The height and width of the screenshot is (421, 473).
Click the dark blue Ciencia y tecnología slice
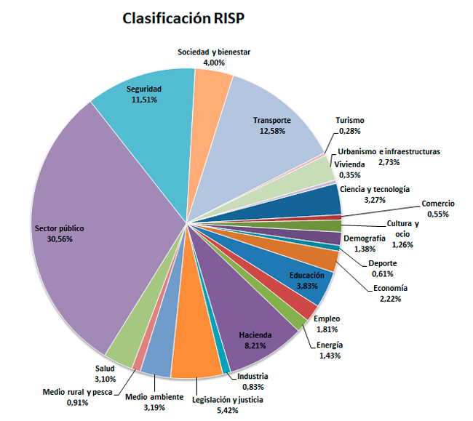coord(320,199)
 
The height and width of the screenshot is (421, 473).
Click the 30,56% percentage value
coord(60,239)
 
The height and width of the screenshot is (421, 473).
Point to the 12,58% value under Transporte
coord(272,131)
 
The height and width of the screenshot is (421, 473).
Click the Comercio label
coord(438,204)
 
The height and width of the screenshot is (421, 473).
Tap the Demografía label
coord(364,238)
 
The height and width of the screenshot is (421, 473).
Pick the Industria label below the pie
coord(253,376)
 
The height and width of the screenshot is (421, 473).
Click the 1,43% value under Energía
coord(330,356)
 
